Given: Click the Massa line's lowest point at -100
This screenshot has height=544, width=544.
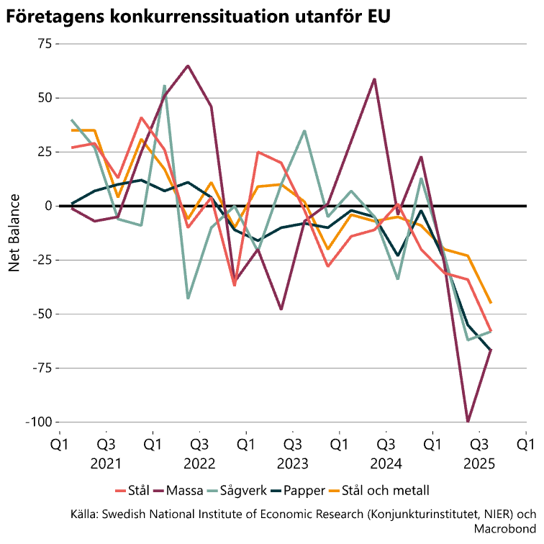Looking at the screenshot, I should click(468, 422).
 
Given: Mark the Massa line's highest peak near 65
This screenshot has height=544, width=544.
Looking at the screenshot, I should click(188, 65).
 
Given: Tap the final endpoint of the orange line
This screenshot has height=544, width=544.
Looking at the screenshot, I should click(491, 303).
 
